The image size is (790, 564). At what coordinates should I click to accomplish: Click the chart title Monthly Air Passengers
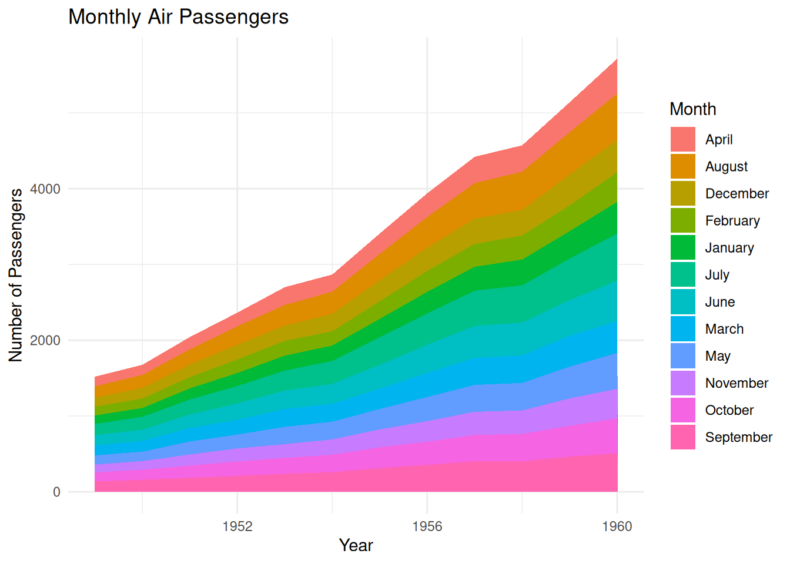[x=178, y=17]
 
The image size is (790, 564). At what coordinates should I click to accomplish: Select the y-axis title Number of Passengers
[x=16, y=275]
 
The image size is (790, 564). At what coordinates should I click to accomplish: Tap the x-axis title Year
[x=356, y=545]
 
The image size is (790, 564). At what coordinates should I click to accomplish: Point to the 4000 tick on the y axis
[x=45, y=189]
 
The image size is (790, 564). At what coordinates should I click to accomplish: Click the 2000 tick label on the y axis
[x=45, y=341]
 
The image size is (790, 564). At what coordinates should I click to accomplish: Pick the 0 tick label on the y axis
[x=56, y=492]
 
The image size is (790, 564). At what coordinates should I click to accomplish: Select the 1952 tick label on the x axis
[x=237, y=526]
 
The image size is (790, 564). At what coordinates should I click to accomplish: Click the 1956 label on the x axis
[x=427, y=526]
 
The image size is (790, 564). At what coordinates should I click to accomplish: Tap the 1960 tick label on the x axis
[x=617, y=526]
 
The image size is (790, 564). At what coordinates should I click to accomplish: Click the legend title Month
[x=692, y=109]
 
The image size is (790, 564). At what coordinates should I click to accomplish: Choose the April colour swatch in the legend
[x=683, y=139]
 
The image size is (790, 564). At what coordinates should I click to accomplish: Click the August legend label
[x=726, y=167]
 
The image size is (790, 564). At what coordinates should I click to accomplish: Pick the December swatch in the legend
[x=683, y=194]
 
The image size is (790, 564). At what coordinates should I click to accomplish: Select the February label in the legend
[x=732, y=221]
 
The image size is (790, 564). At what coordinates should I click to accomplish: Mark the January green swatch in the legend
[x=683, y=248]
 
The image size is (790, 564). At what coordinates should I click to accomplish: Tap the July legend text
[x=717, y=275]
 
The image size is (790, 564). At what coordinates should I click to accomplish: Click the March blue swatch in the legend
[x=683, y=329]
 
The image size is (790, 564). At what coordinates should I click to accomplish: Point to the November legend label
[x=737, y=383]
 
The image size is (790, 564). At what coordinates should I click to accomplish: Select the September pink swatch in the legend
[x=683, y=437]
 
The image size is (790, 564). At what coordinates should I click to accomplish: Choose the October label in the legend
[x=729, y=410]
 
